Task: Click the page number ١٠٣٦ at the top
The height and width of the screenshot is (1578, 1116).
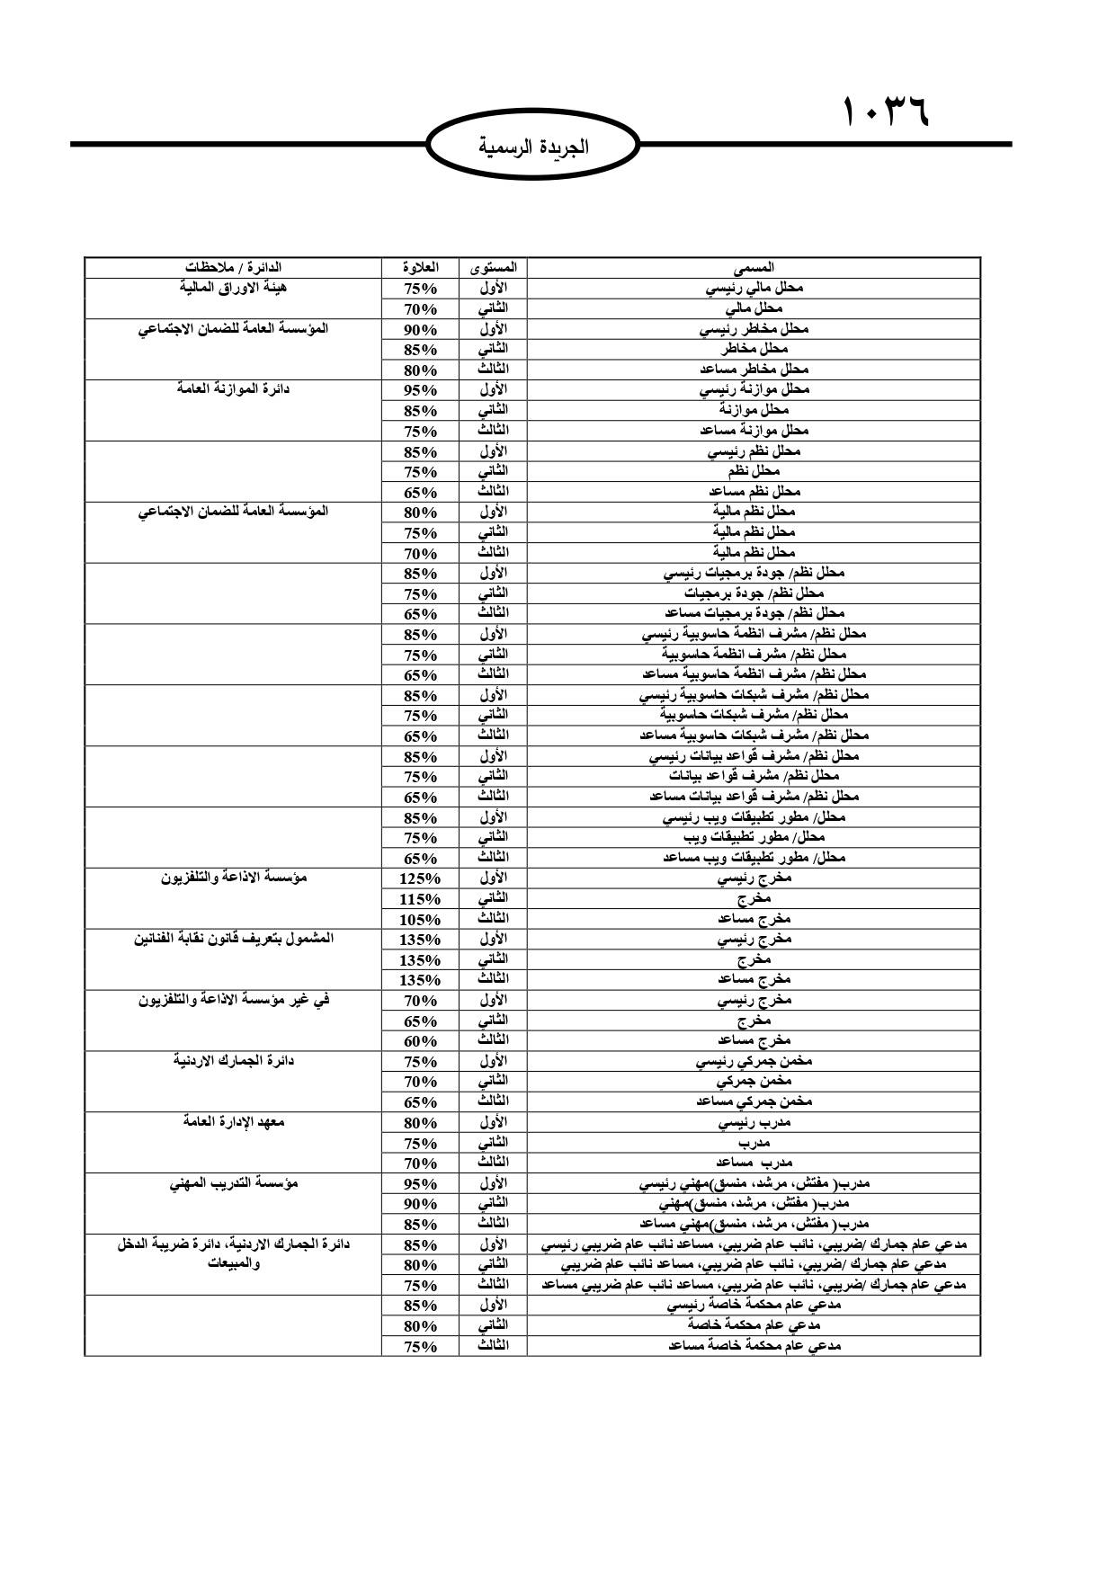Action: pos(886,113)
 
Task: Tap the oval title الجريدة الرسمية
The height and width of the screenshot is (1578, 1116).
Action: pos(533,146)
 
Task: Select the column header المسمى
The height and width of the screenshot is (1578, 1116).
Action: pos(754,268)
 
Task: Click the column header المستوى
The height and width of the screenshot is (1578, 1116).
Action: pos(493,268)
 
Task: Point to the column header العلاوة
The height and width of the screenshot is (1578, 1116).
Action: pos(420,268)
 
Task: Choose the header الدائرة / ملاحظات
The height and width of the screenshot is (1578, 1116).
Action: pos(233,268)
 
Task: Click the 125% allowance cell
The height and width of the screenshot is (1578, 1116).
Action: pos(420,878)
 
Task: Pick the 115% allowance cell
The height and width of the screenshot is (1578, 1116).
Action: pos(420,899)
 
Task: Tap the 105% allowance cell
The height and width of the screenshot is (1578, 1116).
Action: pos(420,919)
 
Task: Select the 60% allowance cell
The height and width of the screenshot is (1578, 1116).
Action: pos(420,1041)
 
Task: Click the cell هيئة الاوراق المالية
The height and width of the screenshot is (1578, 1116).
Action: pos(233,288)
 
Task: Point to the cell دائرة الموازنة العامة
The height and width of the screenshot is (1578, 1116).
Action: pos(233,389)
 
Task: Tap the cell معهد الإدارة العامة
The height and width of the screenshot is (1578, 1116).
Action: pos(233,1121)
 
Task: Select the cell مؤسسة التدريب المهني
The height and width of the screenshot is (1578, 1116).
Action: pos(233,1182)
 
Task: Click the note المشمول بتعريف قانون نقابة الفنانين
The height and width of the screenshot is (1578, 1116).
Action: pos(233,939)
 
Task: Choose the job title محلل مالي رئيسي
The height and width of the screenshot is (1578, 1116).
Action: pos(754,289)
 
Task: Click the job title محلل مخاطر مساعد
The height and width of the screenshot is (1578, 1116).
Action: pos(754,370)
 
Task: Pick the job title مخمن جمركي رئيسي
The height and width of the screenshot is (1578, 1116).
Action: pos(754,1062)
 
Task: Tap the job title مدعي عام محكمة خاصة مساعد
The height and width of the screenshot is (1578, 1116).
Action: pos(754,1346)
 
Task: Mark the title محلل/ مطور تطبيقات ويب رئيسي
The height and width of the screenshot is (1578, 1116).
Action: pos(754,818)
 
